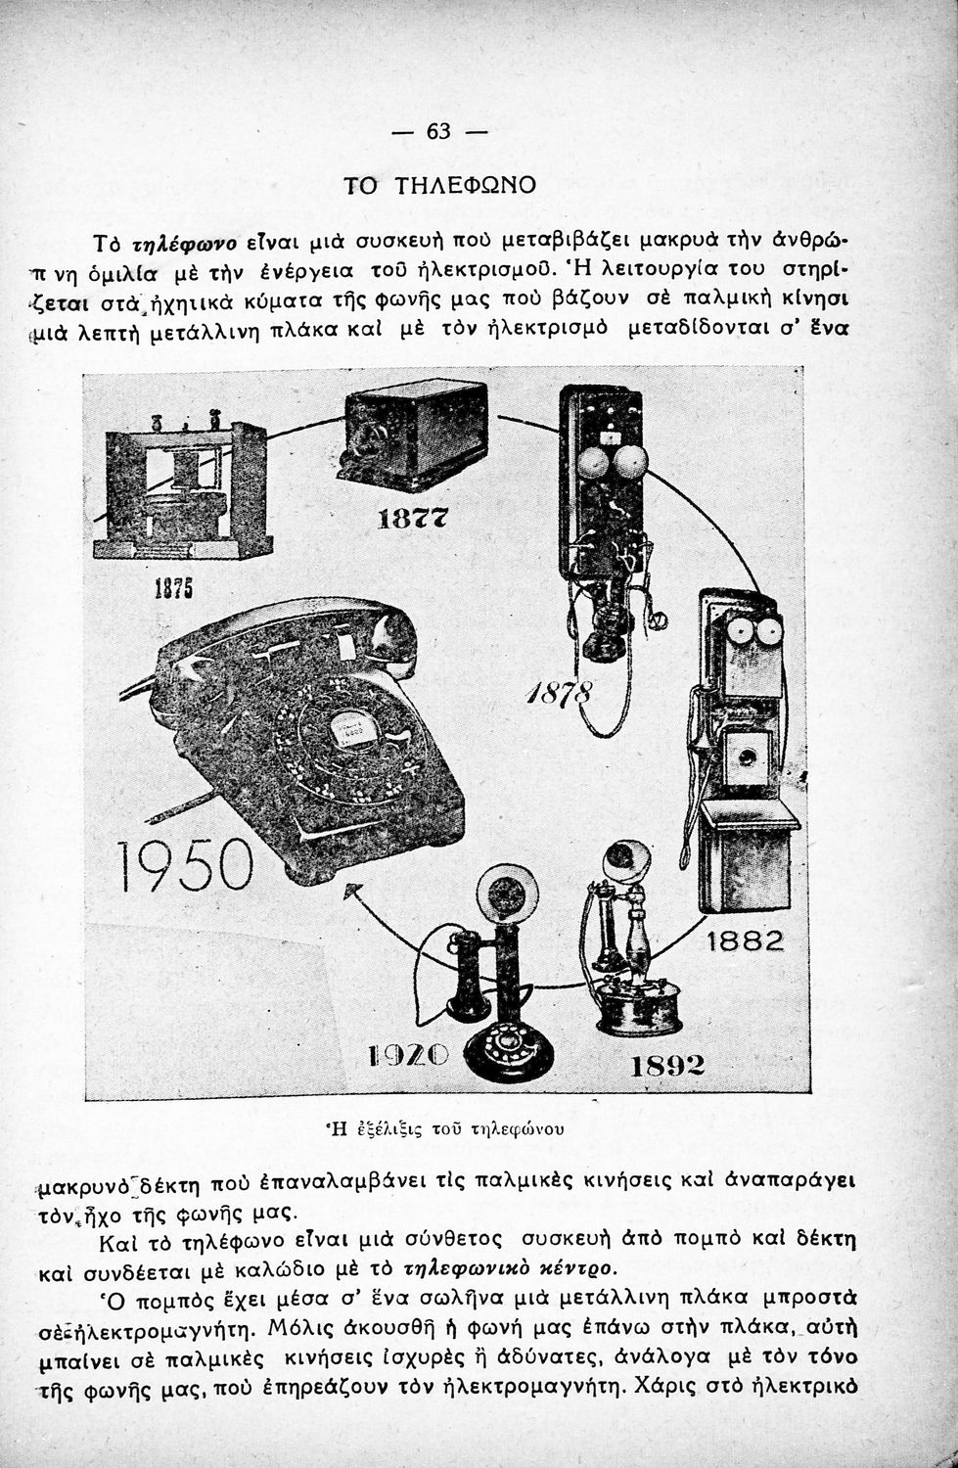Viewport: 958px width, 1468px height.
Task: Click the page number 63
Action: coord(439,130)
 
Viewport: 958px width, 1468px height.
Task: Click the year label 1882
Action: coord(745,941)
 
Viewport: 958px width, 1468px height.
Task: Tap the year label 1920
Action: coord(407,1055)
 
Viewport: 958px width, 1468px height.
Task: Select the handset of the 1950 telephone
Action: coord(294,636)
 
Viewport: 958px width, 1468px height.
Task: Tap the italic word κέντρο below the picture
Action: coord(581,1269)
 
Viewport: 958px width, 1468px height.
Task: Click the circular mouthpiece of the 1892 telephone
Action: coord(625,860)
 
